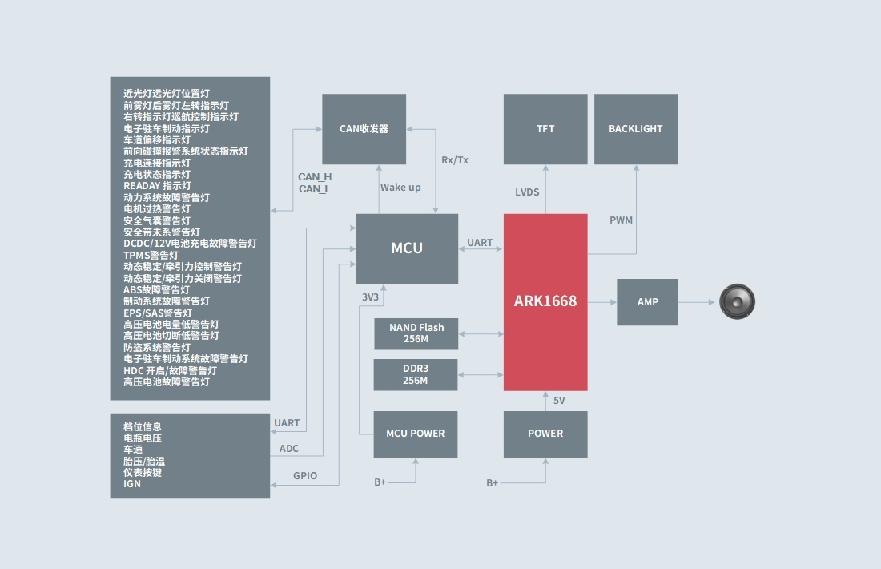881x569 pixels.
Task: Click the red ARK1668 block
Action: [545, 302]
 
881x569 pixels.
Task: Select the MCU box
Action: [407, 248]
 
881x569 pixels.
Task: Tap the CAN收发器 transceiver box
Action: [364, 129]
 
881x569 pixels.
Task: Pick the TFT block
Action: [545, 129]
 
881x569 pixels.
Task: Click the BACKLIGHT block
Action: [636, 129]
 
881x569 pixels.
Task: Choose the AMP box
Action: [647, 302]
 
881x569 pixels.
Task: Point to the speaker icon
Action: [737, 302]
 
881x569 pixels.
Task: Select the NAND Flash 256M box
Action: [416, 333]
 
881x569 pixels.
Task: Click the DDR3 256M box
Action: [416, 375]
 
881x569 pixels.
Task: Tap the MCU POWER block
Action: [416, 434]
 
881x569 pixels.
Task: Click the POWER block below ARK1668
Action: [545, 434]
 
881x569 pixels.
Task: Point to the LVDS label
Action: [527, 192]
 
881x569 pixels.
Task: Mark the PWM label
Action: [621, 220]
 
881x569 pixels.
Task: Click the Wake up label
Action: [400, 188]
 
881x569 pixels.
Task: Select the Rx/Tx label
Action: [455, 160]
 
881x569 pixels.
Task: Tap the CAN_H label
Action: [315, 177]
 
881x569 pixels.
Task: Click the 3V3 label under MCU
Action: [370, 297]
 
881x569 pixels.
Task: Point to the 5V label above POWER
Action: [559, 401]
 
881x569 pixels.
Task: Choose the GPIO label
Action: [305, 476]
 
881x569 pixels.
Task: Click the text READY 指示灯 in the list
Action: [157, 186]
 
